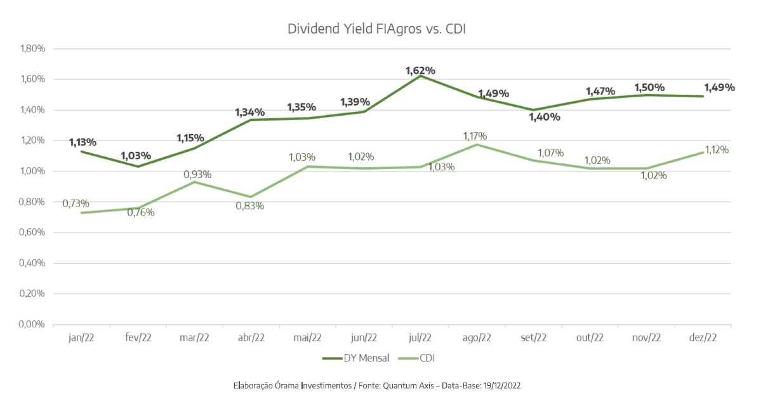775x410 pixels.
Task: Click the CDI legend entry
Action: pyautogui.click(x=427, y=359)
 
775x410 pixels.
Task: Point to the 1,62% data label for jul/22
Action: pyautogui.click(x=420, y=71)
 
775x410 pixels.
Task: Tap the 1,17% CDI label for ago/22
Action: pyautogui.click(x=475, y=135)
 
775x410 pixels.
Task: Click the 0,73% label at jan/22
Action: pyautogui.click(x=76, y=203)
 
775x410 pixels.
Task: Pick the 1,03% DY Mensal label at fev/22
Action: pyautogui.click(x=136, y=155)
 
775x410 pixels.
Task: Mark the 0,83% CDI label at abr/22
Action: pyautogui.click(x=249, y=206)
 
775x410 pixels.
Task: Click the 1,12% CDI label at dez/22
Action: pyautogui.click(x=715, y=150)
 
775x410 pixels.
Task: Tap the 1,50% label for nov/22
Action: pyautogui.click(x=649, y=87)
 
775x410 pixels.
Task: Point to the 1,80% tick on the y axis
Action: pyautogui.click(x=32, y=49)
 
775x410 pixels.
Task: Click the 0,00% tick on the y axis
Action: pyautogui.click(x=32, y=325)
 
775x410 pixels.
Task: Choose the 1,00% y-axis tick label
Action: pyautogui.click(x=32, y=172)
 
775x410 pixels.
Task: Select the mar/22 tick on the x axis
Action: pyautogui.click(x=194, y=338)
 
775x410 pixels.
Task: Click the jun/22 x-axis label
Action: pyautogui.click(x=364, y=338)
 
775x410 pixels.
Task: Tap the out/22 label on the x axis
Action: pyautogui.click(x=590, y=338)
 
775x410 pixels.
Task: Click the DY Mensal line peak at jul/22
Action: pyautogui.click(x=420, y=76)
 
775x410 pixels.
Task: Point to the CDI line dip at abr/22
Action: pyautogui.click(x=251, y=197)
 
